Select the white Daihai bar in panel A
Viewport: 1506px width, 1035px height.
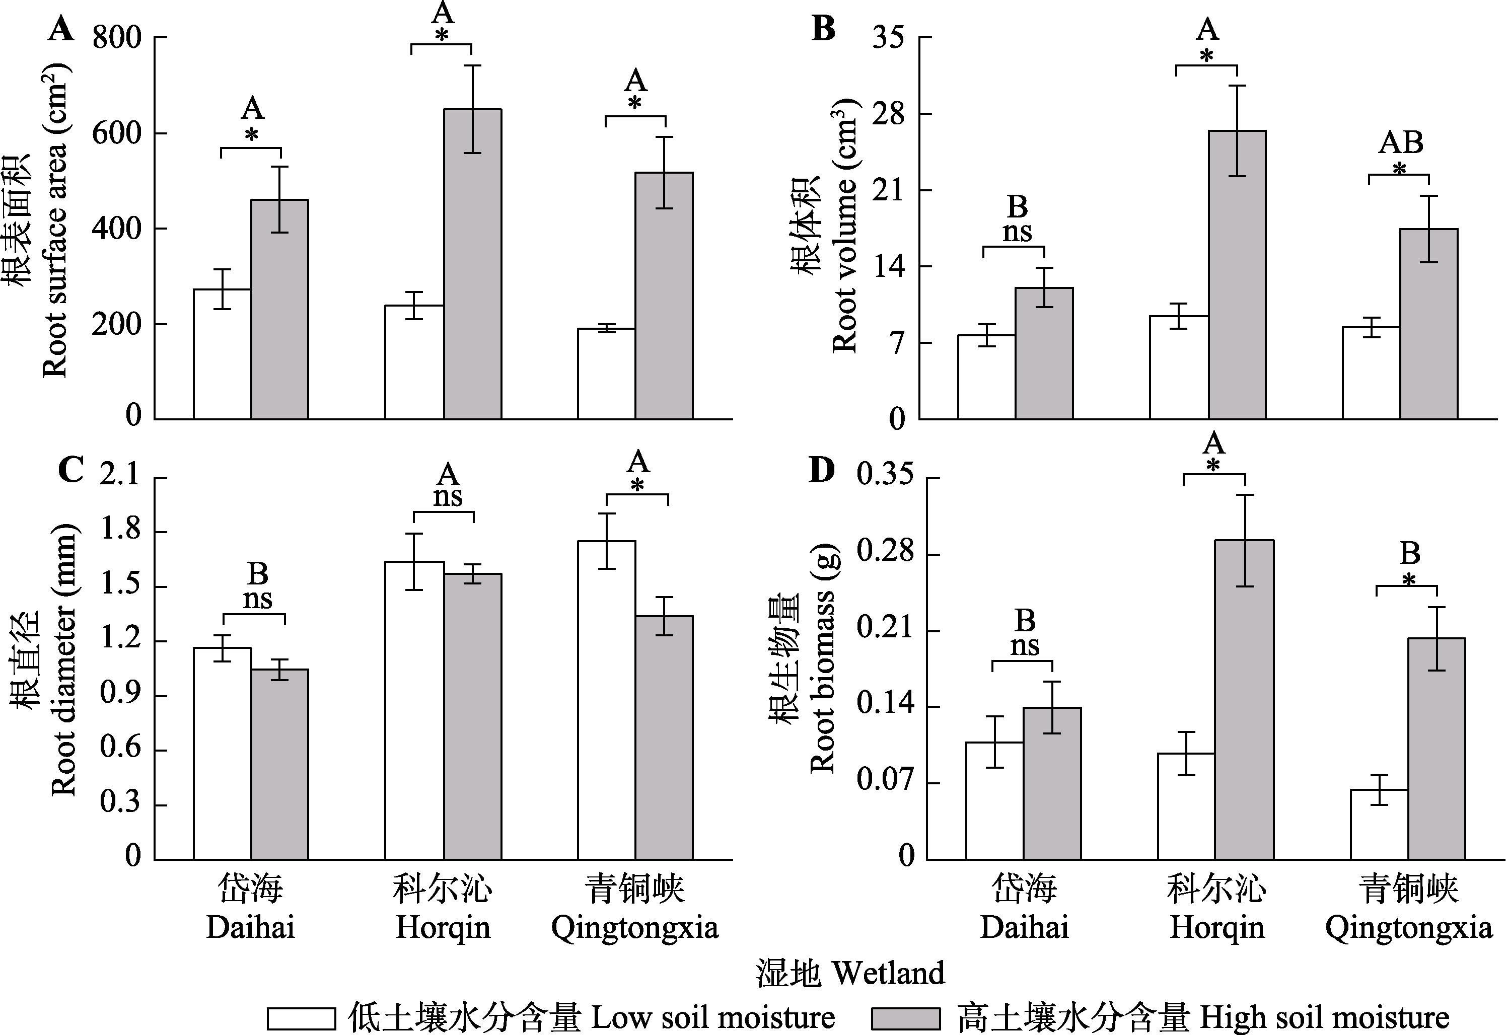coord(222,354)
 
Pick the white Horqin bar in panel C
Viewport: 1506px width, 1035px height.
coord(414,710)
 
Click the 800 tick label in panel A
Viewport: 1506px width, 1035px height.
coord(117,38)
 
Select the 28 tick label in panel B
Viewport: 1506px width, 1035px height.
coord(888,114)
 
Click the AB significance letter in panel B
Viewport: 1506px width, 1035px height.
coord(1400,142)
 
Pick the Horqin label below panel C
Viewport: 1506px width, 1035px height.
coord(443,928)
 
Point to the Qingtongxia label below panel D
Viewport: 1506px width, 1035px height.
coord(1409,928)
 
